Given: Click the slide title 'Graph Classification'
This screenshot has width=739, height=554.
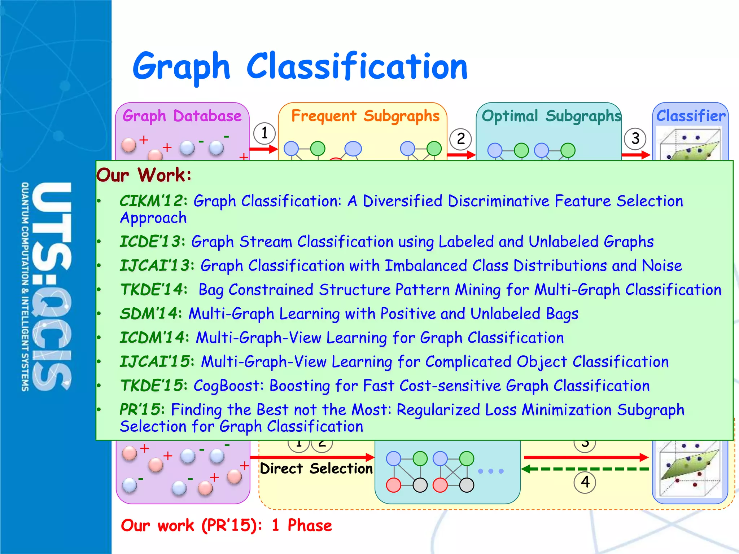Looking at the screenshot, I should pyautogui.click(x=300, y=67).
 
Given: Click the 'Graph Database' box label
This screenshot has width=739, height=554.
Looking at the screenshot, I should pyautogui.click(x=182, y=116).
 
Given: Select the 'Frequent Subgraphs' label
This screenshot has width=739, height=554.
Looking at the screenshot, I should pyautogui.click(x=365, y=116).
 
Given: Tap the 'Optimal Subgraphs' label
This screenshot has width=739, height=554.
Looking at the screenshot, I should pyautogui.click(x=551, y=116).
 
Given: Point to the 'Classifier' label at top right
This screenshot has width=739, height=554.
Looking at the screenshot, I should pyautogui.click(x=691, y=116).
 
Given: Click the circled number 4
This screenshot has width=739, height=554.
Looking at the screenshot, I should pyautogui.click(x=585, y=482).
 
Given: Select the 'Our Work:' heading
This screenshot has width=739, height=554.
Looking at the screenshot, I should pyautogui.click(x=144, y=175).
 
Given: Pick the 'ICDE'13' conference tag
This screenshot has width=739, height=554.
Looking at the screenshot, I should pyautogui.click(x=150, y=242).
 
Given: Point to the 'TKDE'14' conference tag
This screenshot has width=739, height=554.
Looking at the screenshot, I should pyautogui.click(x=152, y=290).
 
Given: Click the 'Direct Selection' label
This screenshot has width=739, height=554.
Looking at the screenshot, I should pyautogui.click(x=316, y=469).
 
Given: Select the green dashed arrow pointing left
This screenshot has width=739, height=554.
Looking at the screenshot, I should pyautogui.click(x=585, y=469).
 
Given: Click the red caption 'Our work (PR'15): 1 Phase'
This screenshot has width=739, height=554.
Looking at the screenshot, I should pyautogui.click(x=226, y=526).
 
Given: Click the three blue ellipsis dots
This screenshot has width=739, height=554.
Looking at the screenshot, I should pyautogui.click(x=490, y=471).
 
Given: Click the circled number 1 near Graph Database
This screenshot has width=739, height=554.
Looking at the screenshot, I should pyautogui.click(x=264, y=133).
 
